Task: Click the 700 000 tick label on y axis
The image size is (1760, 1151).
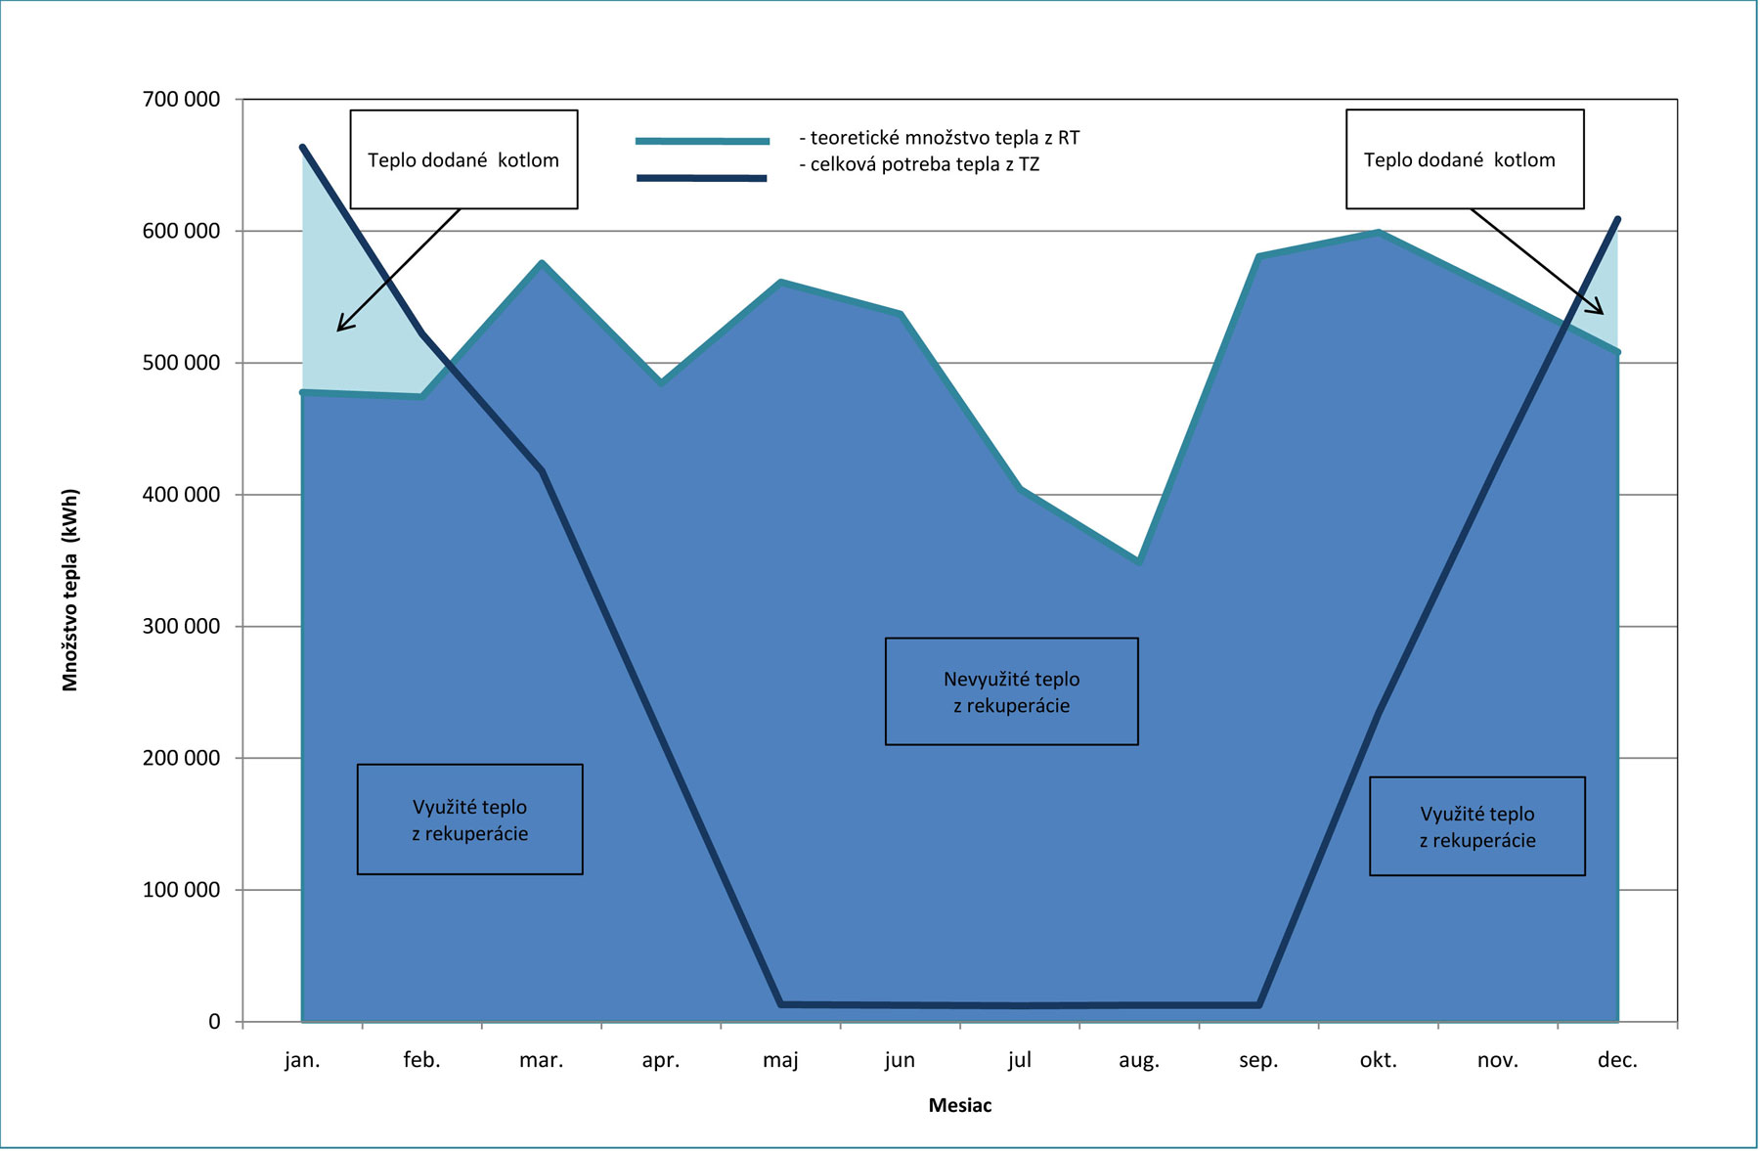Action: point(182,100)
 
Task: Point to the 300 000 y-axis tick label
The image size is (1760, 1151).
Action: point(182,627)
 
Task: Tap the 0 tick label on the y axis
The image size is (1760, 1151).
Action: point(214,1022)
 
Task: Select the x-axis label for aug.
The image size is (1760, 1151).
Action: point(1139,1060)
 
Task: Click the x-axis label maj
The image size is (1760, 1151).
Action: point(780,1060)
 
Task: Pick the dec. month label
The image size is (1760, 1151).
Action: point(1617,1060)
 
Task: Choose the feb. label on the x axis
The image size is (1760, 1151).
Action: point(421,1060)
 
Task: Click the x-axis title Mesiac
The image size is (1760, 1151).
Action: point(960,1106)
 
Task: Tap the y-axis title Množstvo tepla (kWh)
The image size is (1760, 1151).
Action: point(70,590)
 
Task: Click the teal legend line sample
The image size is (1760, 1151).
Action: point(702,141)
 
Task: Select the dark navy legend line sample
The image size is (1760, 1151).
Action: point(702,178)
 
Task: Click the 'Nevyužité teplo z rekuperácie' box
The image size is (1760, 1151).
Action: point(1011,692)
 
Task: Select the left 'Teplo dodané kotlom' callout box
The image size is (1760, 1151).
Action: point(463,159)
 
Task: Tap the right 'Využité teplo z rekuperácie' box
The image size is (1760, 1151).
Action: point(1476,826)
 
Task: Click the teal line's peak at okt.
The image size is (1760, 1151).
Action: point(1378,232)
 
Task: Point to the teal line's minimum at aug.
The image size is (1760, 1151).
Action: point(1139,561)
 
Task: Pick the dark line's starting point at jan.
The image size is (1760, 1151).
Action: point(303,148)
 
